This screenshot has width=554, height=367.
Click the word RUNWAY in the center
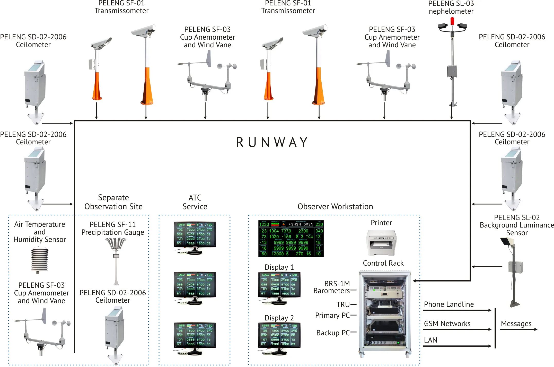click(272, 142)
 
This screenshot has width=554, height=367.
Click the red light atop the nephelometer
click(452, 21)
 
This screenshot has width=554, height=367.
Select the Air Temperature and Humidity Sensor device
click(40, 259)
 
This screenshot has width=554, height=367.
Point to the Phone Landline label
click(449, 304)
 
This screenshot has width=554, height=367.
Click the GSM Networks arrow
click(457, 329)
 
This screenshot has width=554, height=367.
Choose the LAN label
click(430, 340)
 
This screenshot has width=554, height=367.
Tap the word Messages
click(516, 324)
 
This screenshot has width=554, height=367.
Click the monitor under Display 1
click(279, 286)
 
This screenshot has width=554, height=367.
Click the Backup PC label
click(333, 333)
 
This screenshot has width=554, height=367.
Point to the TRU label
click(343, 304)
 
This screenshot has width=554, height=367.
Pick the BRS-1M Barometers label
click(332, 287)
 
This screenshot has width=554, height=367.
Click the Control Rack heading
click(383, 263)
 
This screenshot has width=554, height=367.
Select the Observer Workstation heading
click(335, 206)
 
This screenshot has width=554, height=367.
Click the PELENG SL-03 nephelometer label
click(451, 7)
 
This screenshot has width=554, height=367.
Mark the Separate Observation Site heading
click(113, 202)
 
